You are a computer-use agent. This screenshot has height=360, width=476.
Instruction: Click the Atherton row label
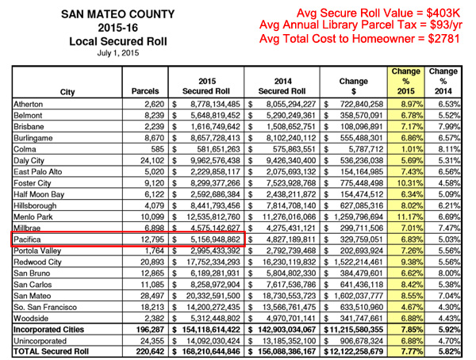tap(29, 104)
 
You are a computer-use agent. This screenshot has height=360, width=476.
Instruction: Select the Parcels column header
tap(145, 91)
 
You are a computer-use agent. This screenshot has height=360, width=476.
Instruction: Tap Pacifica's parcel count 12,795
tap(152, 239)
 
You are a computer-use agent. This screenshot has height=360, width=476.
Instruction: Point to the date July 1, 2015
tap(118, 53)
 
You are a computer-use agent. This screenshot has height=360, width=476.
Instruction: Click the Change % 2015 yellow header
tap(406, 82)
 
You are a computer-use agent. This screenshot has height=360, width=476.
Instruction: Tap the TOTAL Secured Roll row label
tap(51, 351)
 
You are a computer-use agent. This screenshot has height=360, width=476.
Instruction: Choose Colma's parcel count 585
tap(158, 149)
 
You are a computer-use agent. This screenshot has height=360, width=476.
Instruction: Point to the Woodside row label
tap(31, 319)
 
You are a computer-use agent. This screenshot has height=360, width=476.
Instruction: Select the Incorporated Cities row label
tap(48, 330)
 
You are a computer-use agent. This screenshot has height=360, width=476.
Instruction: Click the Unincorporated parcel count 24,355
tap(152, 341)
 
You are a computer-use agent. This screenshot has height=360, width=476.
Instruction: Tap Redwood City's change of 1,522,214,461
tap(359, 262)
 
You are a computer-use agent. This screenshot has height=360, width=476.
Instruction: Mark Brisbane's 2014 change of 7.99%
tap(449, 127)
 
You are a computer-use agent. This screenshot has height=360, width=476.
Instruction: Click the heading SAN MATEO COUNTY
tap(117, 14)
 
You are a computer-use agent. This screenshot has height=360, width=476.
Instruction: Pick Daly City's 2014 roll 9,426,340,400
tap(291, 161)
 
